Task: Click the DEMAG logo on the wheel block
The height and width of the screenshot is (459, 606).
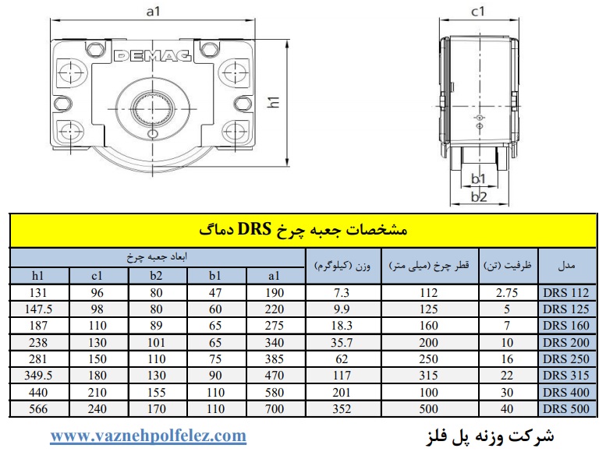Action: (x=153, y=56)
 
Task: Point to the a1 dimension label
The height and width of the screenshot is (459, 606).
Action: (x=153, y=12)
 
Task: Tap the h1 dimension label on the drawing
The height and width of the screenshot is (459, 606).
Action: (x=274, y=102)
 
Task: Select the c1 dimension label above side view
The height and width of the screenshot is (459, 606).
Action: (x=477, y=12)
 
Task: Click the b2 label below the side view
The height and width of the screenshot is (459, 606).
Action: (x=478, y=197)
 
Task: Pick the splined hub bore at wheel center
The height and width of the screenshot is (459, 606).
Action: (x=153, y=108)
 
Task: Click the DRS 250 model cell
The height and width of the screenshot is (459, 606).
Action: (x=565, y=359)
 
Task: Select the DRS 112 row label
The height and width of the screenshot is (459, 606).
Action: (x=565, y=292)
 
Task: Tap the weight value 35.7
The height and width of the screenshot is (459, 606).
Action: (x=342, y=342)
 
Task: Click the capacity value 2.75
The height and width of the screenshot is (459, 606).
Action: (x=507, y=292)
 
